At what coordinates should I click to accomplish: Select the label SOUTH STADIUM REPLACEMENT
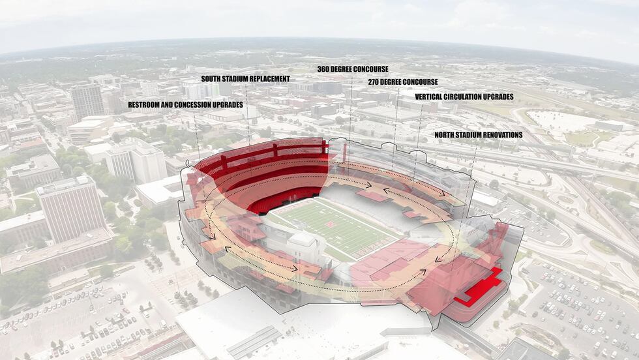pos(245,79)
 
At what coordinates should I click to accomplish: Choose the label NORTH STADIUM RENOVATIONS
pos(479,135)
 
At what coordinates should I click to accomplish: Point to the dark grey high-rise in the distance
pos(87,101)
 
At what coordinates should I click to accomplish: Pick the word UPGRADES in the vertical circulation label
pos(499,97)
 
